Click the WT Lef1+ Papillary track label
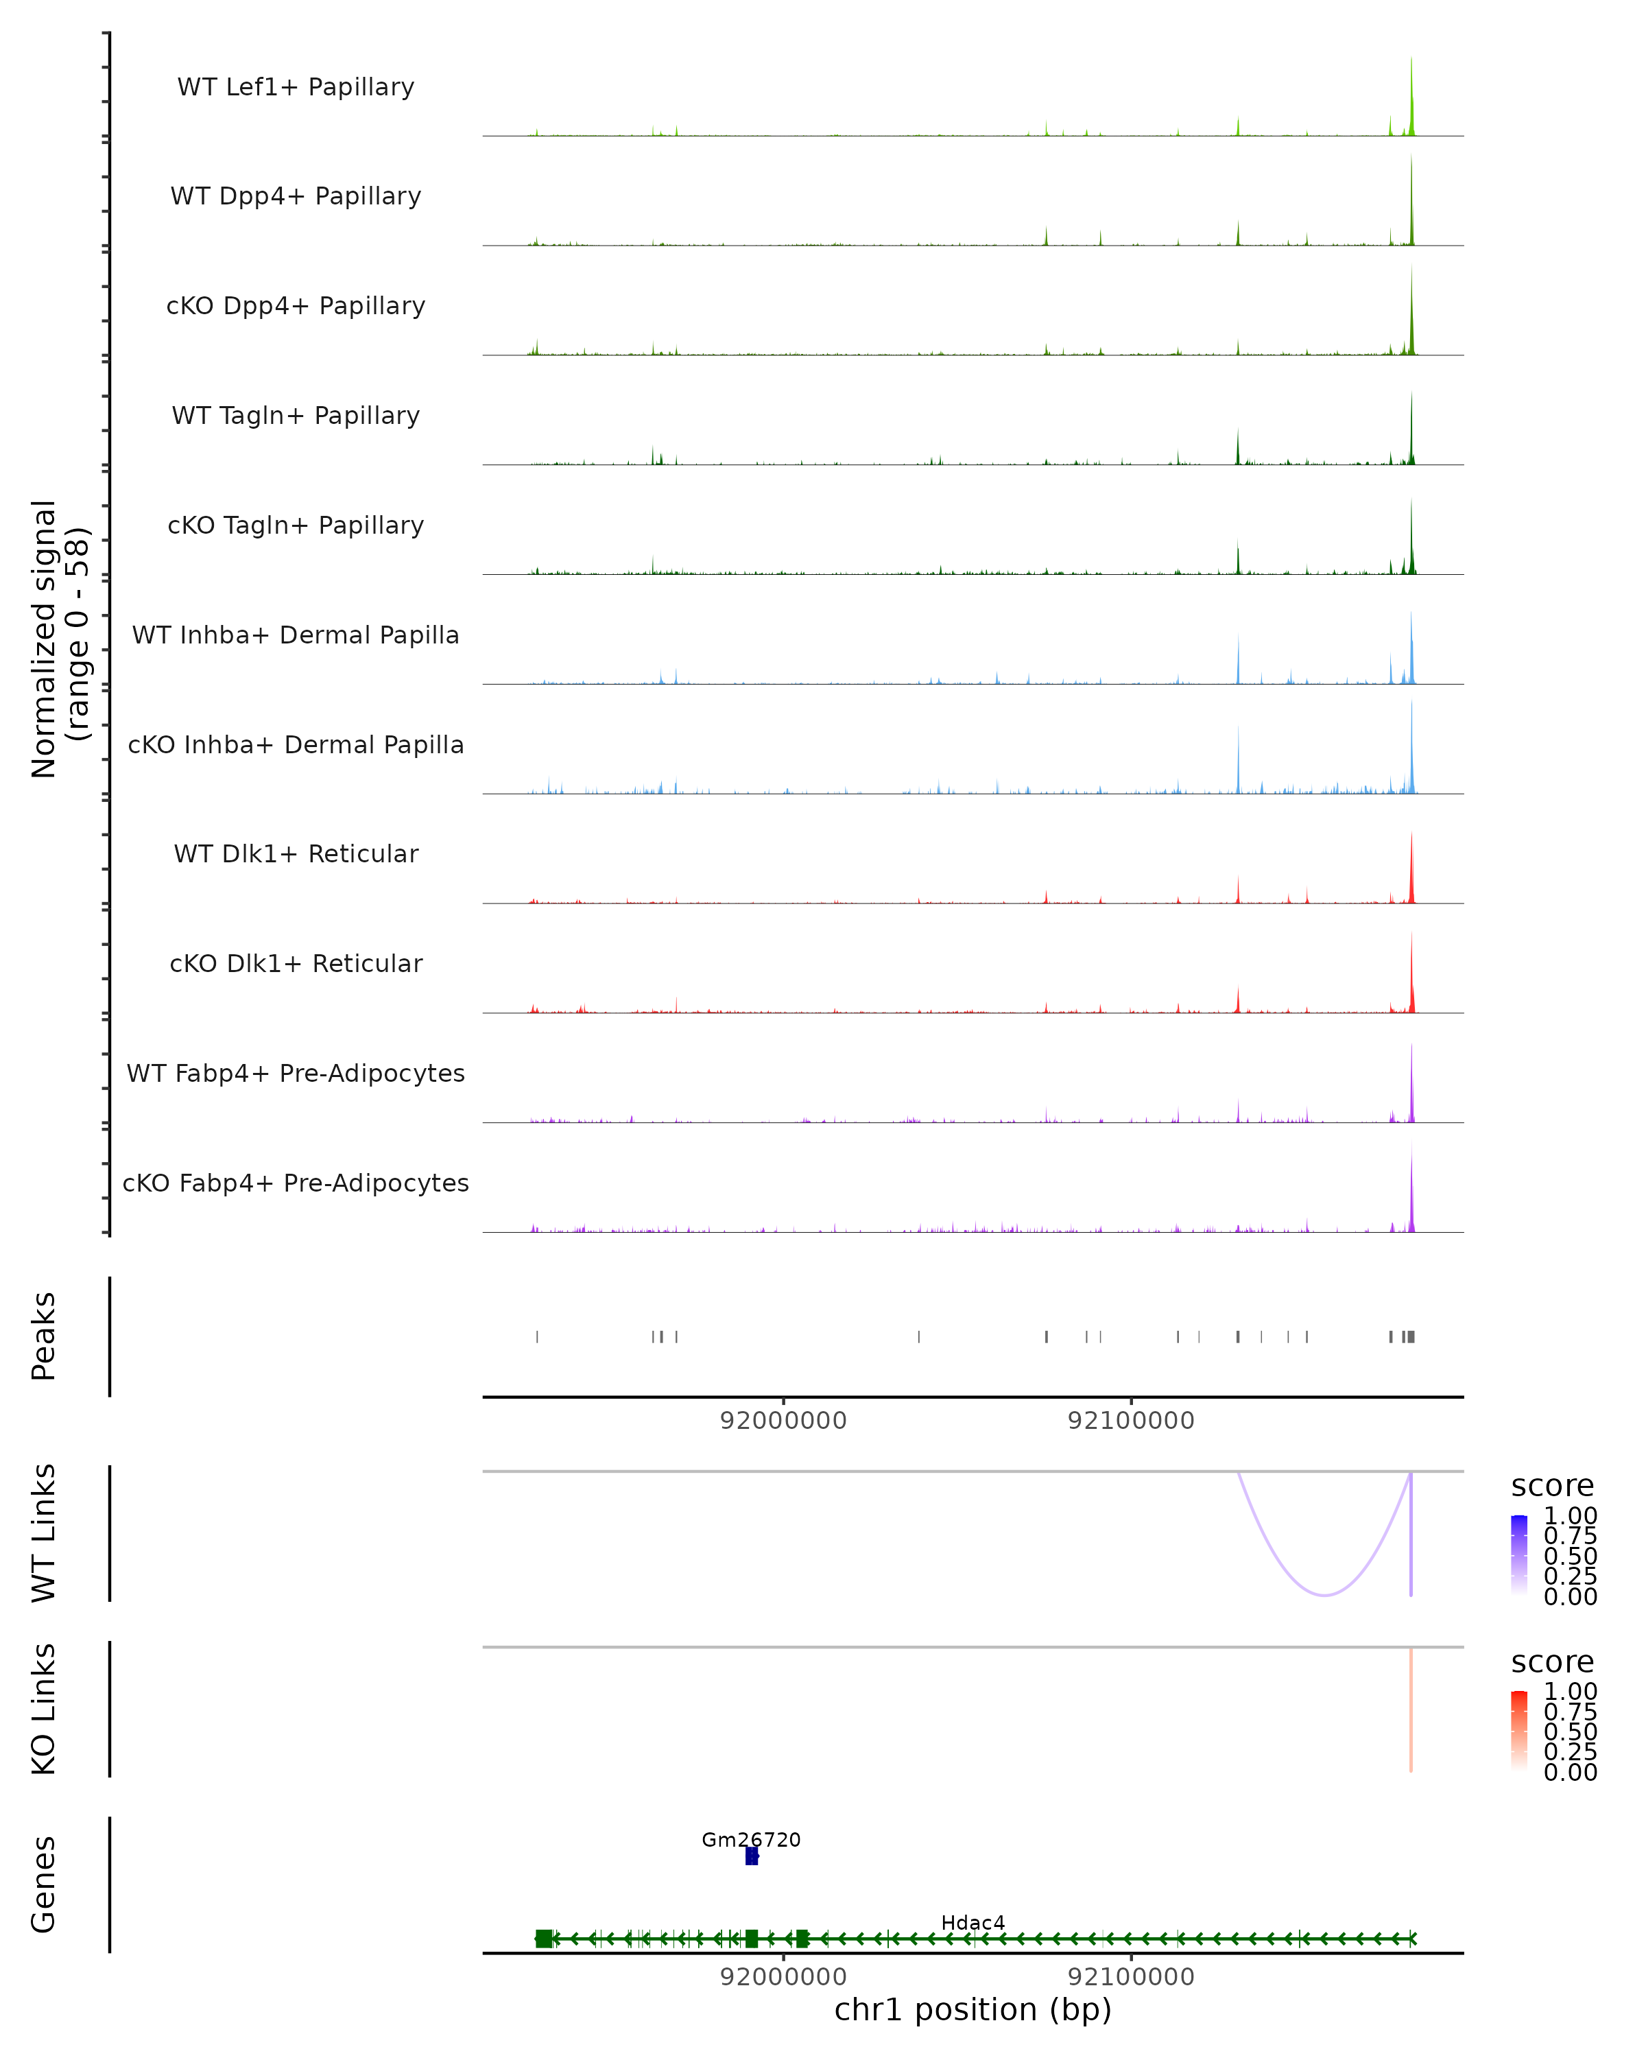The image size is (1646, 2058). tap(296, 87)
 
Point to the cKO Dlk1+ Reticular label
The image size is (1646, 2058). tap(296, 963)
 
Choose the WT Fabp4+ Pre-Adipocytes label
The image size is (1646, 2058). tap(296, 1073)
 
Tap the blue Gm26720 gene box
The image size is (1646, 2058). tap(751, 1856)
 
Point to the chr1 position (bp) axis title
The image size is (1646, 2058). tap(973, 2010)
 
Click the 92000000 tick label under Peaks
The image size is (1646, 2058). tap(783, 1421)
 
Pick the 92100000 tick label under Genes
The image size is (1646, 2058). tap(1131, 1977)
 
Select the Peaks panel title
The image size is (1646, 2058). tap(44, 1336)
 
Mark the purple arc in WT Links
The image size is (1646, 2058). tap(1324, 1595)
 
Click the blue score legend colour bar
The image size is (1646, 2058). tap(1519, 1555)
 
